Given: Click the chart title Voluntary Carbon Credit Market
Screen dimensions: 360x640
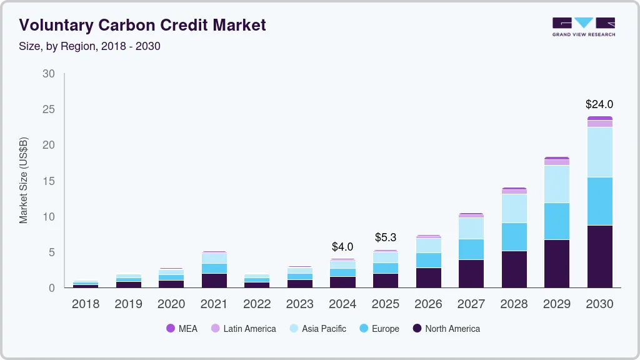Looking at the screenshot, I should tap(142, 25).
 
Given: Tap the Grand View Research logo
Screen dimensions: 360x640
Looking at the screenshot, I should tap(583, 26).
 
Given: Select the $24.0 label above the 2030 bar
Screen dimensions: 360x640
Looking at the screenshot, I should tap(599, 104).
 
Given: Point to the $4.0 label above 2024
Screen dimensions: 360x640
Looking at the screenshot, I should tap(342, 247).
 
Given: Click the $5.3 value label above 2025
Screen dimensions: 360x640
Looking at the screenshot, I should tap(385, 237).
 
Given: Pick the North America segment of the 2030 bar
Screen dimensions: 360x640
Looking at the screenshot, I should tap(599, 256).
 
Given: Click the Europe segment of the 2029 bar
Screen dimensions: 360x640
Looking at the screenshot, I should tap(556, 221).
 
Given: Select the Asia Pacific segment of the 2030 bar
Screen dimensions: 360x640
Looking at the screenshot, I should tap(599, 152).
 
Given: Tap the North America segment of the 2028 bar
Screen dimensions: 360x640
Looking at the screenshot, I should tap(514, 269).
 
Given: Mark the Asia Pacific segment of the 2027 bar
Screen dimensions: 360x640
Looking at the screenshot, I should tap(471, 228).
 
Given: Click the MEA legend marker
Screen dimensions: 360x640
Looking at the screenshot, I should tap(170, 329).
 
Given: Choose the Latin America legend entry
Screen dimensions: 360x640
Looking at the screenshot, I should tap(243, 329).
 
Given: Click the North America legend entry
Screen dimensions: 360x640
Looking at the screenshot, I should tap(446, 329).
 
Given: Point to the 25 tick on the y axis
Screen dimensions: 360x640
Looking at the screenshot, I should tap(48, 109).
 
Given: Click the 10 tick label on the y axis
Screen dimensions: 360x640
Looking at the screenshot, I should tap(48, 217).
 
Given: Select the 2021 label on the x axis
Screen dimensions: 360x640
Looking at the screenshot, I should tap(214, 304).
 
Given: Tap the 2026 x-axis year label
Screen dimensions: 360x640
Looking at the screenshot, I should tap(428, 304).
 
